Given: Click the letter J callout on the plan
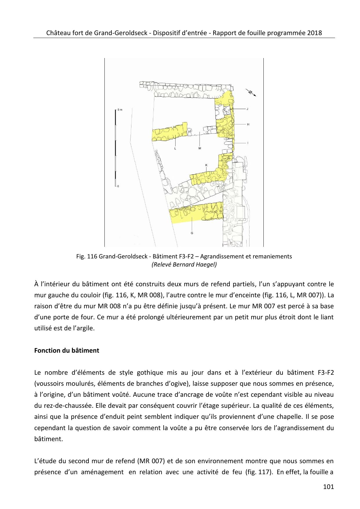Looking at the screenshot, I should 247,109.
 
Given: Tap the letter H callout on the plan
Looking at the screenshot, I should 248,124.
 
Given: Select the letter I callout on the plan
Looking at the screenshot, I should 248,143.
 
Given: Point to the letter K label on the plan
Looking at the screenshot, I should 206,165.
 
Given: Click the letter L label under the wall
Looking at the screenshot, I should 175,148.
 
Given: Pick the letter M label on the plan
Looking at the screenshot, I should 200,148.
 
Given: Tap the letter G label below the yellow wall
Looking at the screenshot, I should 192,233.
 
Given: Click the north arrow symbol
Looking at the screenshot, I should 252,93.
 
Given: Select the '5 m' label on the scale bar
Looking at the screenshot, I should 120,110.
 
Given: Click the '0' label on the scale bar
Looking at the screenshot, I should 118,186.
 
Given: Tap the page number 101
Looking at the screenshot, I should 328,487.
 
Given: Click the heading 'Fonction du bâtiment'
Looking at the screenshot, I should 66,350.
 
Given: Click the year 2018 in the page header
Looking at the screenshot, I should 314,32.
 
